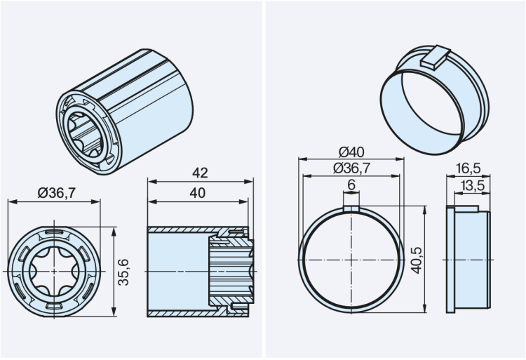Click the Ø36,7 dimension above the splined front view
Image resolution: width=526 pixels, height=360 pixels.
pyautogui.click(x=55, y=193)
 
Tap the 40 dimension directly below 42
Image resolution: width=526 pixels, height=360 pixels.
pyautogui.click(x=198, y=193)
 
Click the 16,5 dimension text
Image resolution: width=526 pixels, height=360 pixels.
pyautogui.click(x=468, y=168)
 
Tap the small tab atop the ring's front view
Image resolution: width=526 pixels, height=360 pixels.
pyautogui.click(x=351, y=206)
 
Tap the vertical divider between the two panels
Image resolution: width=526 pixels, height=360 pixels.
pyautogui.click(x=263, y=180)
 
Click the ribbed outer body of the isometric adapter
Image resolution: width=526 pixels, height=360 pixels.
pyautogui.click(x=151, y=105)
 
